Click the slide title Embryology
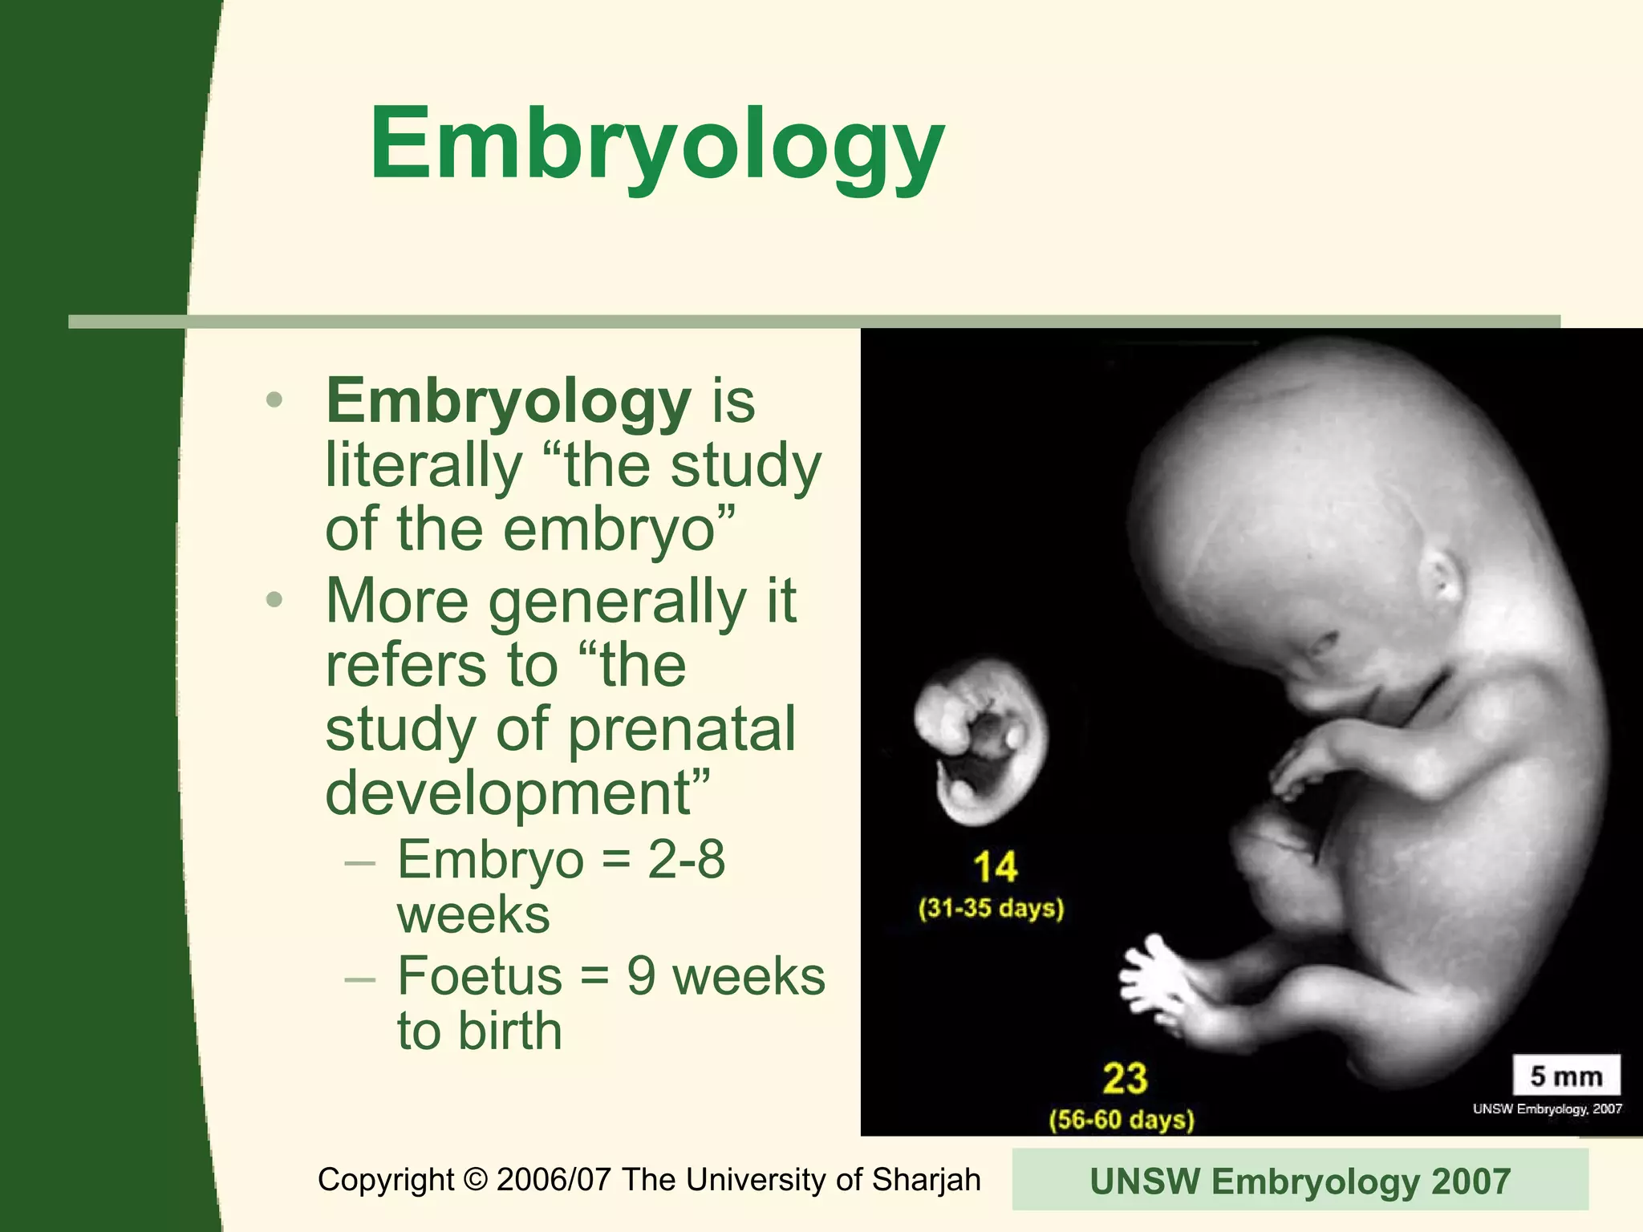[656, 144]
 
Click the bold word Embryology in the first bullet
[508, 400]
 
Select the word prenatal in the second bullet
[682, 729]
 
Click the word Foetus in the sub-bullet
[480, 976]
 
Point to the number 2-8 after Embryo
[686, 859]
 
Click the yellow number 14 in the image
[995, 867]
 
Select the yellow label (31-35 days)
[992, 909]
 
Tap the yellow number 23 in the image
[1125, 1078]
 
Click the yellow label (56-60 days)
[1122, 1120]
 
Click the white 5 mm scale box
[1566, 1076]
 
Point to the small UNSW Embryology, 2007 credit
[1547, 1109]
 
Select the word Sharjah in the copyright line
[926, 1180]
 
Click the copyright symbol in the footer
[476, 1180]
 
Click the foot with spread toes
[1155, 983]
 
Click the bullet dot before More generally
[274, 600]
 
